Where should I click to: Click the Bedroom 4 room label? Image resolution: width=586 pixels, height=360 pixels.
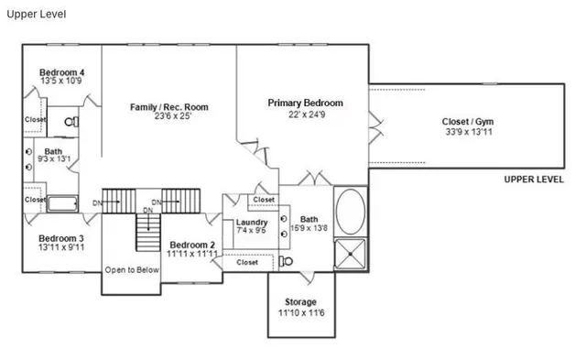[x=62, y=71]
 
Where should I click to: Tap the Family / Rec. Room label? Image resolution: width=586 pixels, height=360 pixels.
[x=168, y=107]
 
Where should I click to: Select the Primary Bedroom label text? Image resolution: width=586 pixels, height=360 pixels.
[x=305, y=103]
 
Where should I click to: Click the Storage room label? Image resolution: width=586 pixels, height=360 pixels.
[x=300, y=302]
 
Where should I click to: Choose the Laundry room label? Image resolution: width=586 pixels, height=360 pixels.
[x=251, y=223]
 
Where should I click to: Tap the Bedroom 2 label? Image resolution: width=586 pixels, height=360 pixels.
[x=192, y=245]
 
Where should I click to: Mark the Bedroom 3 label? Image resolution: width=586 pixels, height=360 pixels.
[x=61, y=236]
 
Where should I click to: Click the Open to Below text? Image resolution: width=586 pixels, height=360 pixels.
[x=132, y=269]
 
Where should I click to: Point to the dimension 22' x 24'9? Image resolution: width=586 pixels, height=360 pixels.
[x=305, y=115]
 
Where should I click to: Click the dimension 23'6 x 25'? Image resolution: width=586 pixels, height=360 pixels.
[x=168, y=117]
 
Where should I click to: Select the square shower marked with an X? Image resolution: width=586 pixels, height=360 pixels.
[x=350, y=254]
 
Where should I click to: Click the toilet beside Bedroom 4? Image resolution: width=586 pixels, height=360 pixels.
[x=71, y=120]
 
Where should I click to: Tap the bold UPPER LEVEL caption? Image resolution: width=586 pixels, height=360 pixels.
[x=533, y=180]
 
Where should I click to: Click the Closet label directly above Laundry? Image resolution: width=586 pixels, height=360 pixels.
[x=264, y=200]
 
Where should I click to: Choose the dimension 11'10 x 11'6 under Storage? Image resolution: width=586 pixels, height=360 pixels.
[x=300, y=313]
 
